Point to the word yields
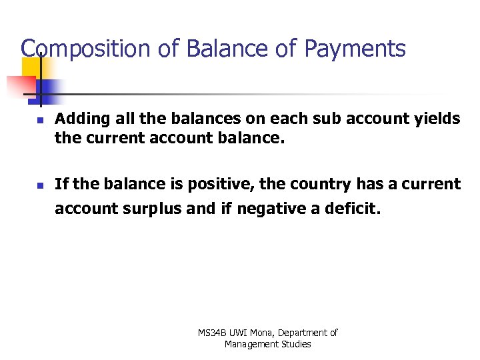click(x=437, y=119)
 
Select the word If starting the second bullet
click(x=61, y=184)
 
